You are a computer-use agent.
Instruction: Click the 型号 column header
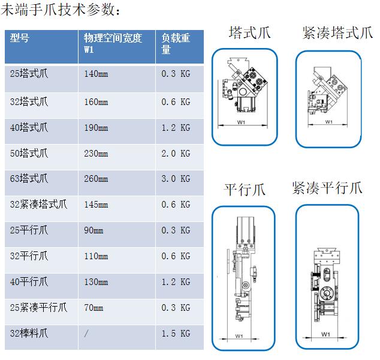(20, 38)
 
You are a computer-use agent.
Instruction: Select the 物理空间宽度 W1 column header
(113, 44)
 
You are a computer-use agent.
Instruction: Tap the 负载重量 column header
(176, 44)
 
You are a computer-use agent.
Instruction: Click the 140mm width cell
(96, 74)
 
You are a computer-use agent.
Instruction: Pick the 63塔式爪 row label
(29, 179)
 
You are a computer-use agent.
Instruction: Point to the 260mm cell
(96, 179)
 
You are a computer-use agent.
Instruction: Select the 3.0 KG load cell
(176, 179)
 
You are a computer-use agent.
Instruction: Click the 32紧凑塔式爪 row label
(38, 205)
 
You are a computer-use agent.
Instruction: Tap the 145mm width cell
(96, 205)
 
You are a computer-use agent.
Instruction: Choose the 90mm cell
(94, 230)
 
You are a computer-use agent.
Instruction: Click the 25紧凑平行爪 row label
(38, 308)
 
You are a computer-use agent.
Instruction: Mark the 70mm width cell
(94, 308)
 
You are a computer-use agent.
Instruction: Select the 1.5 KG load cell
(176, 334)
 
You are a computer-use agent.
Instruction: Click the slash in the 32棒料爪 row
(86, 334)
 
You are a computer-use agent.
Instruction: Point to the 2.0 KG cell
(176, 154)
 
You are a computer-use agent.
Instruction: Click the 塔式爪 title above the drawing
(249, 32)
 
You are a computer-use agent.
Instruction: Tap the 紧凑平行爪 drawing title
(327, 188)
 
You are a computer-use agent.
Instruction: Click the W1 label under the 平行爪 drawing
(239, 336)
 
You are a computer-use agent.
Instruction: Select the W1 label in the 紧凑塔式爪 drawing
(328, 122)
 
